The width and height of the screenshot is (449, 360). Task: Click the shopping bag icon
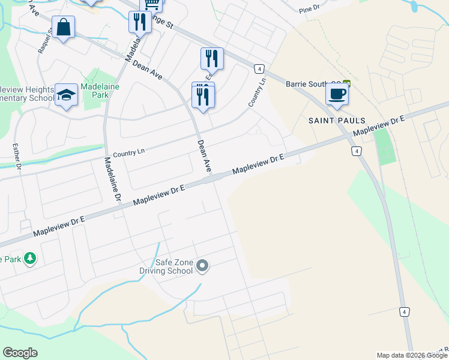63,27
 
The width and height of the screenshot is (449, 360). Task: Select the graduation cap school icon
67,95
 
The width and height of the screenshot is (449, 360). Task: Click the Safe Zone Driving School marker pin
202,265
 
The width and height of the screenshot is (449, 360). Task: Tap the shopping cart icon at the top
152,4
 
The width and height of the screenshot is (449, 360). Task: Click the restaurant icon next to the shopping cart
139,22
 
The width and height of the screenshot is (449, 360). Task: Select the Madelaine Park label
100,91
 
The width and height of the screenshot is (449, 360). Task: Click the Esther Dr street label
17,157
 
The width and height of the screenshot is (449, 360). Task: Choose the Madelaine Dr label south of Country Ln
113,179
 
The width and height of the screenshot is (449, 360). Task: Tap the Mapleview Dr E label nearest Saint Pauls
379,125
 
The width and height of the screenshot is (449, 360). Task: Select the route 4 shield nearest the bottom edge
405,311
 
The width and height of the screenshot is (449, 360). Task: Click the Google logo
20,353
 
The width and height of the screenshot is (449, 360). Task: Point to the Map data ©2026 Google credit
411,355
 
